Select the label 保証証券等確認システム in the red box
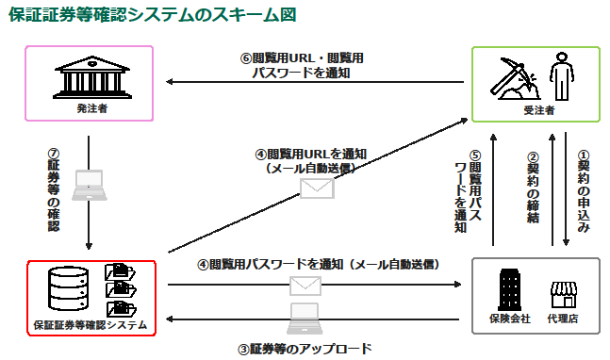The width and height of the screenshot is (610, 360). pyautogui.click(x=91, y=325)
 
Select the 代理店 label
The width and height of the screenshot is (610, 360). pyautogui.click(x=562, y=319)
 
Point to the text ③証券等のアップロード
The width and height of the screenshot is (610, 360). pyautogui.click(x=305, y=348)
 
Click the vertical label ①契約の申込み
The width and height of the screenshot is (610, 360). pyautogui.click(x=584, y=193)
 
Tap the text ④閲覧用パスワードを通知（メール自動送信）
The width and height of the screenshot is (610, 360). pyautogui.click(x=319, y=264)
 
